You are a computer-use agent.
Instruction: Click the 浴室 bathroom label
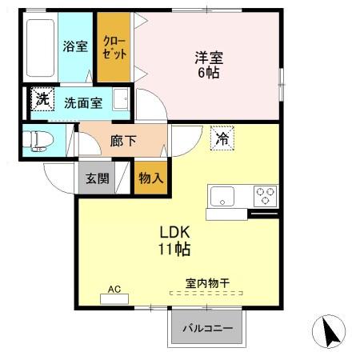[x=75, y=46]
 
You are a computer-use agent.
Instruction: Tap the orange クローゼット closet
[x=112, y=48]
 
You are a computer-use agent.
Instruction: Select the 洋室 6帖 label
[x=206, y=64]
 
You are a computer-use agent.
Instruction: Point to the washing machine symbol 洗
[x=40, y=100]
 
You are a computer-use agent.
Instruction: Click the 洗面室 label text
[x=82, y=102]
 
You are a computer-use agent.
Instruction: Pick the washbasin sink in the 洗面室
[x=120, y=101]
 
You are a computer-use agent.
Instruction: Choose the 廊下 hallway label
[x=122, y=141]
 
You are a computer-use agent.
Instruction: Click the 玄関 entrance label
[x=98, y=178]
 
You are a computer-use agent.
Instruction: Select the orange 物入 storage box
[x=150, y=177]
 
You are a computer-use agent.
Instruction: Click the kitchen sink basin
[x=222, y=195]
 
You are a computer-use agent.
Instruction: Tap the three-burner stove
[x=265, y=194]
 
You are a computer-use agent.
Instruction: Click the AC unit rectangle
[x=114, y=299]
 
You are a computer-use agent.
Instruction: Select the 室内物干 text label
[x=208, y=282]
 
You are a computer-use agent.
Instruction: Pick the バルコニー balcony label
[x=207, y=328]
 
